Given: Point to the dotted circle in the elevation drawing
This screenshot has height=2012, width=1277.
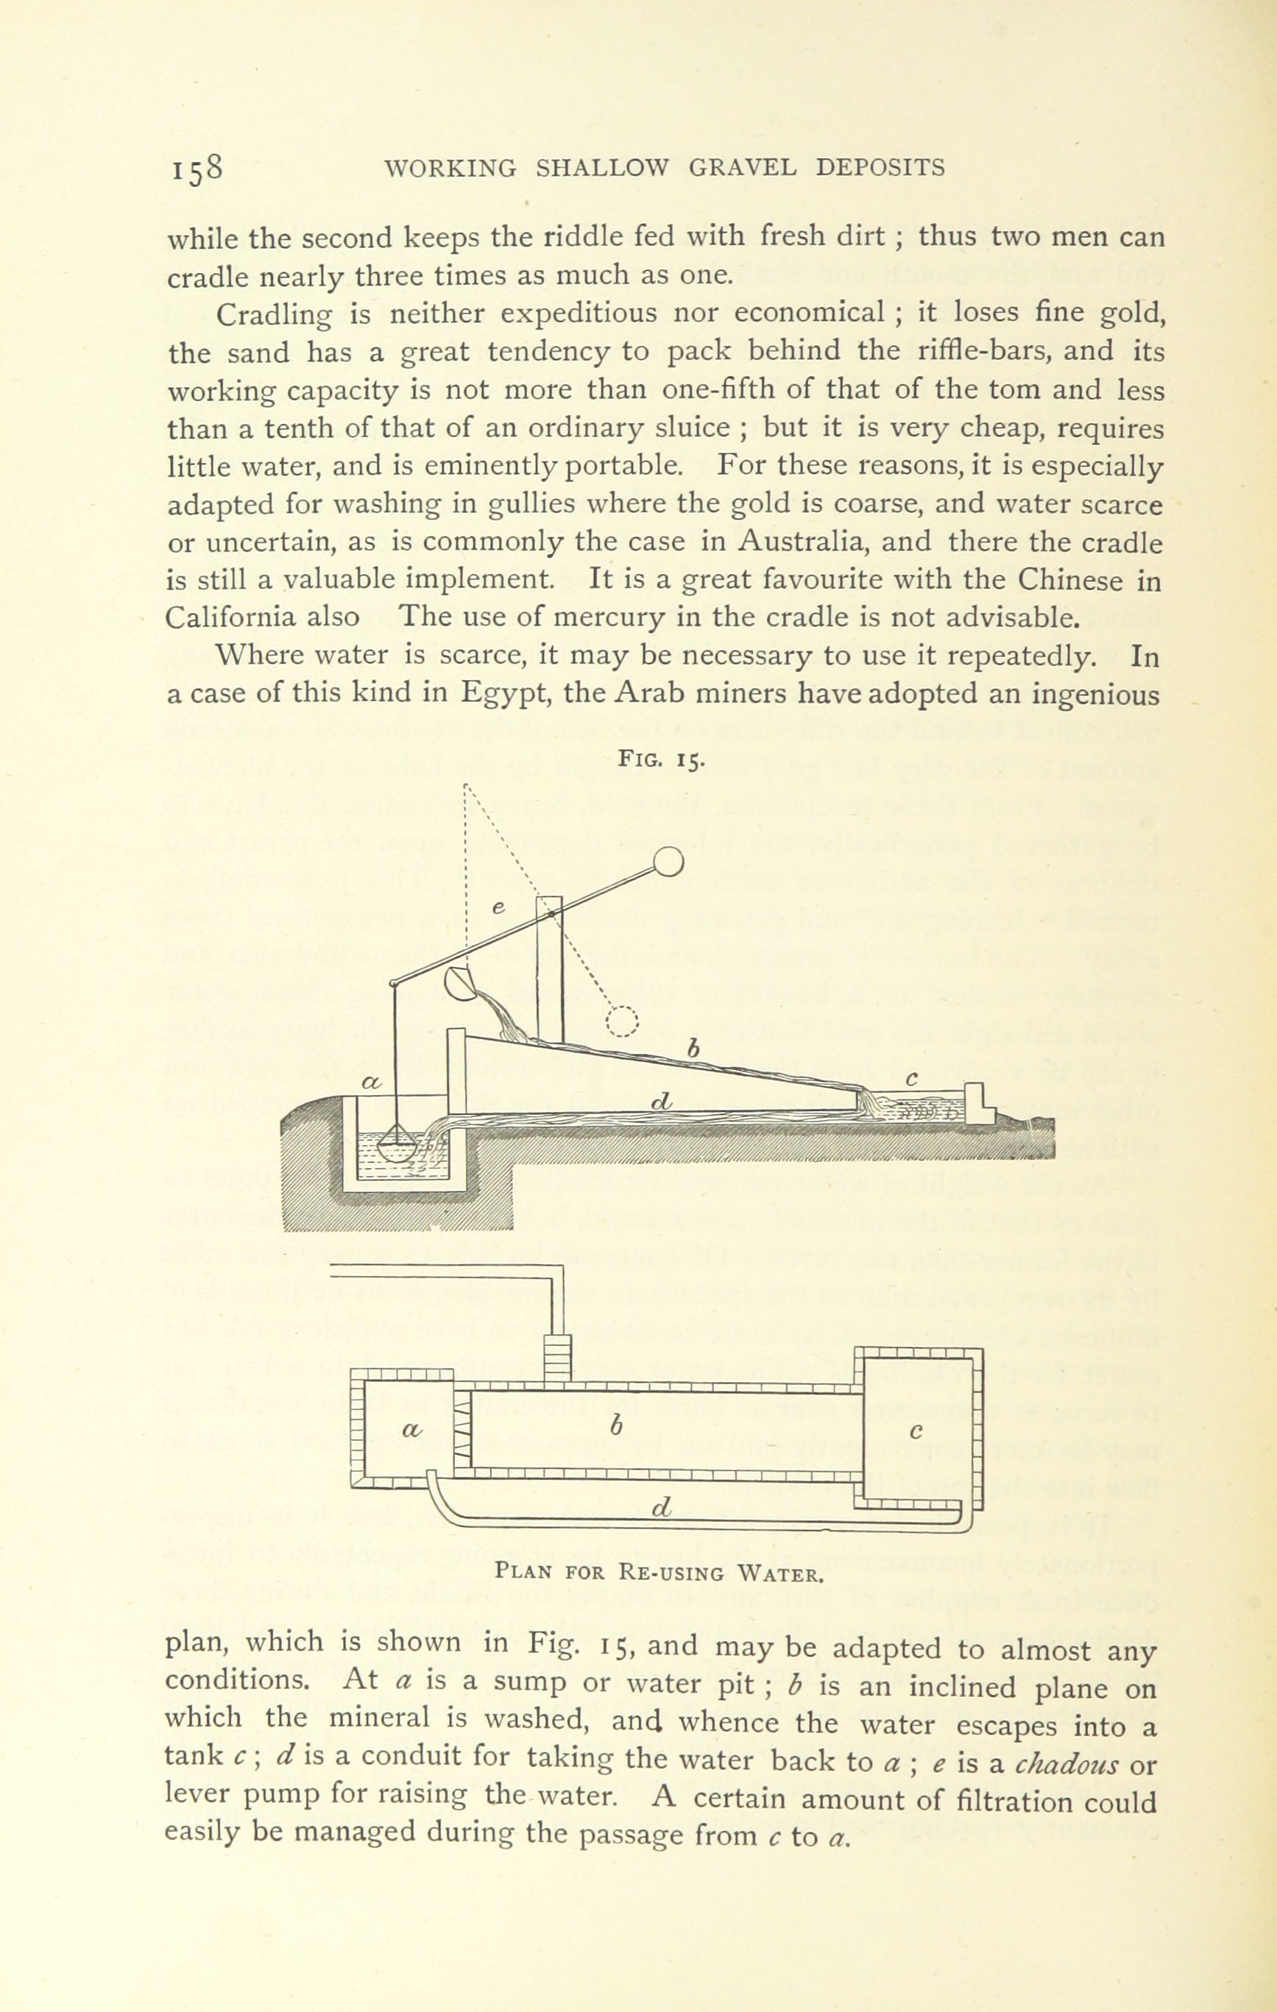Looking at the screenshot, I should pyautogui.click(x=622, y=1020).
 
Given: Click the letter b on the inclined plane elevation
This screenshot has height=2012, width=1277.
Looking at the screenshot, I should pyautogui.click(x=692, y=1048).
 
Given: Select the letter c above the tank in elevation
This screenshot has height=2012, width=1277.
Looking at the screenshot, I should pyautogui.click(x=913, y=1080).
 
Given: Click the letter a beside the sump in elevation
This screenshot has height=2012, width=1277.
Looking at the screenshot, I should pyautogui.click(x=371, y=1082).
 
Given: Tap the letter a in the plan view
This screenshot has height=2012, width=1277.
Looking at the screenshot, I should pyautogui.click(x=411, y=1430).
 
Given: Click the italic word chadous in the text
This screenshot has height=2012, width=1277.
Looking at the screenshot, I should pyautogui.click(x=1066, y=1765).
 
